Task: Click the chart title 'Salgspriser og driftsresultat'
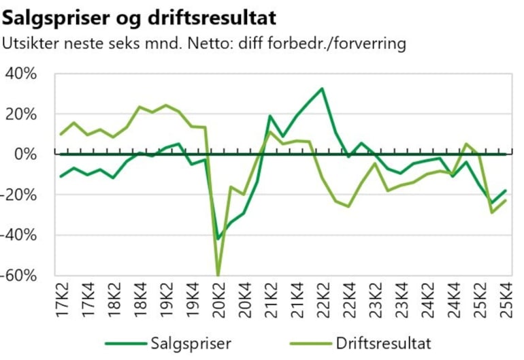[x=140, y=16]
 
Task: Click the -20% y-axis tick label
[x=21, y=195]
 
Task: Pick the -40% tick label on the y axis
[x=21, y=235]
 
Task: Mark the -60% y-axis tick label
[x=21, y=275]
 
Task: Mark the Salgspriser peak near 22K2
[x=323, y=88]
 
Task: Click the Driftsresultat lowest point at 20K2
[x=218, y=274]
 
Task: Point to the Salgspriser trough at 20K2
[x=218, y=239]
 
